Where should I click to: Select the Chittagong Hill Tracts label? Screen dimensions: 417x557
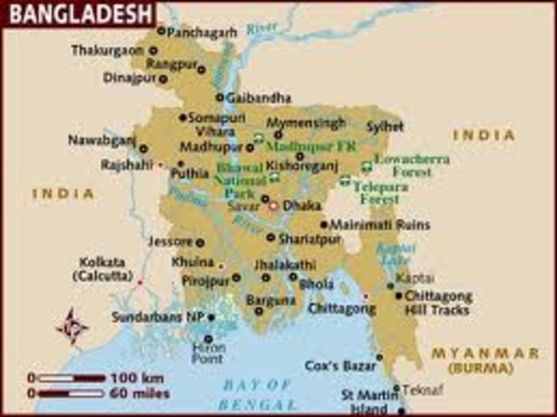pos(438,303)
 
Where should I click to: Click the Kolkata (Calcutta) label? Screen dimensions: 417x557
pos(102,268)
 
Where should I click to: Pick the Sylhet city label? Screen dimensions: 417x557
pos(385,126)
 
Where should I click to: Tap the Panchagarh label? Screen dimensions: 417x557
pos(203,31)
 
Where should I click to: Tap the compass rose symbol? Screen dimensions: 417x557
pos(72,326)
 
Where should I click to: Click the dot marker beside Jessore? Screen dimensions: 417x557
pos(200,242)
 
